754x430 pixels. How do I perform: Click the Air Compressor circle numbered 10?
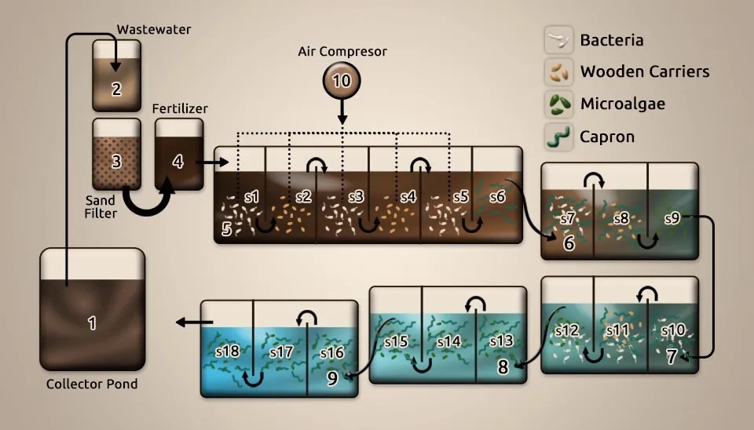click(x=342, y=81)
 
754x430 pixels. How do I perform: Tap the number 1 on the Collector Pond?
click(x=92, y=322)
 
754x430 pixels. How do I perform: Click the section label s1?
click(x=252, y=197)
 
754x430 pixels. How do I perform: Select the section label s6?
click(x=496, y=197)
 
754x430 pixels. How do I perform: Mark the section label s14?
click(x=448, y=341)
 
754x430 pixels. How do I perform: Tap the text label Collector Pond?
click(x=92, y=384)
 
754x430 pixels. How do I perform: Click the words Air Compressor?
click(x=342, y=52)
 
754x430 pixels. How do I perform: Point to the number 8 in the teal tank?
click(x=503, y=365)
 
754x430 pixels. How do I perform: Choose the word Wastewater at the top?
click(x=154, y=30)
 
